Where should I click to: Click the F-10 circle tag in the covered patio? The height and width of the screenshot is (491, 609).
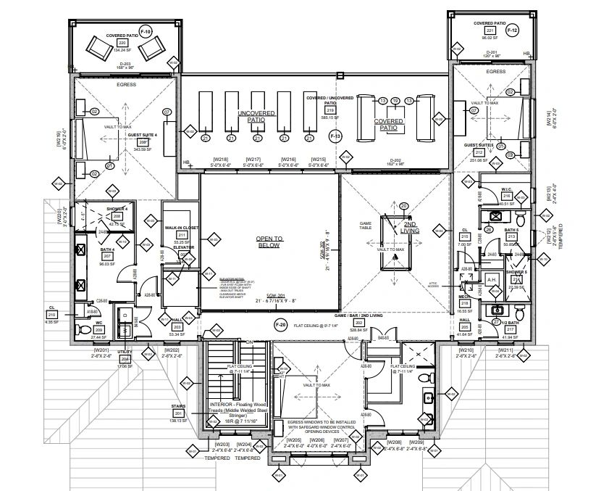tap(145, 33)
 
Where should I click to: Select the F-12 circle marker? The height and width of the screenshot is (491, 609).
tap(512, 30)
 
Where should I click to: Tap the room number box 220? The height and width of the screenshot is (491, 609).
tap(122, 43)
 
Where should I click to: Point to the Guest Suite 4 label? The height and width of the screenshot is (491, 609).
tap(143, 136)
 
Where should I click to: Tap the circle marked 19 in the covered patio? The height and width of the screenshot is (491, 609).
tap(395, 100)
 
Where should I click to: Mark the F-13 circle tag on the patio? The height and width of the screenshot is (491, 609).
tap(335, 136)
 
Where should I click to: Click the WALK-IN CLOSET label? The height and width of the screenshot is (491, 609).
tap(182, 228)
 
